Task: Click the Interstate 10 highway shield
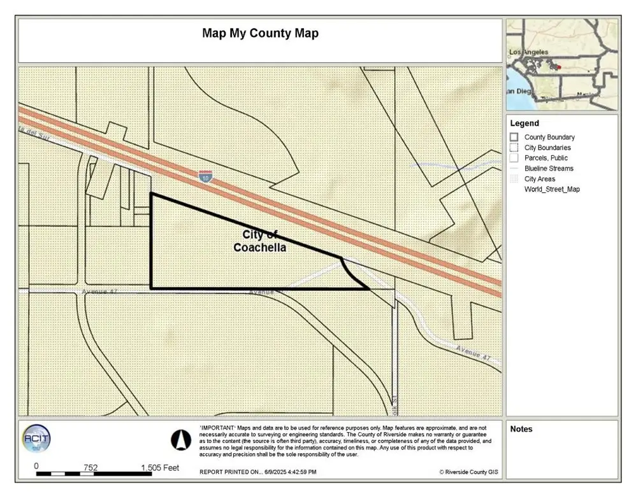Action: (x=205, y=176)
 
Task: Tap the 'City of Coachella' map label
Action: (x=259, y=241)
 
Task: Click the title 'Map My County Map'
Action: (x=260, y=33)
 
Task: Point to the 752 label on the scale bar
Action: (x=90, y=468)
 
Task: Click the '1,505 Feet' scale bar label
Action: (x=160, y=468)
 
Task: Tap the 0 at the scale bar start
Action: (x=36, y=467)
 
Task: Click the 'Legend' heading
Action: (x=524, y=123)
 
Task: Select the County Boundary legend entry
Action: (x=549, y=138)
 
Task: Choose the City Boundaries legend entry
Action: (x=547, y=148)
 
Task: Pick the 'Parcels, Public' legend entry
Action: (x=546, y=158)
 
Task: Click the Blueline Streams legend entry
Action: (x=549, y=169)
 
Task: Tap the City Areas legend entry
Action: (x=539, y=179)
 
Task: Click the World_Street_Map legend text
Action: (x=552, y=189)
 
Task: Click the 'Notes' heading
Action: (x=521, y=429)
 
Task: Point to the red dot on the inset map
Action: (x=558, y=67)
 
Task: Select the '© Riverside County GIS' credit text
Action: (x=468, y=472)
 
